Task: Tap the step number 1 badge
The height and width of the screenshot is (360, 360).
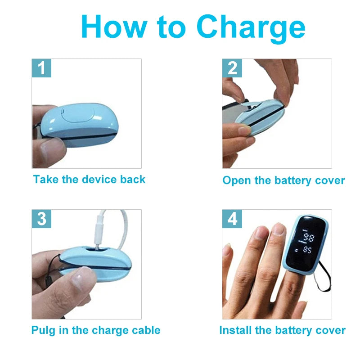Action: click(41, 68)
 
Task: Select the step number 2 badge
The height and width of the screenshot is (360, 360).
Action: click(232, 68)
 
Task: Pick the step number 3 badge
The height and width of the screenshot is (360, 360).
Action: click(41, 219)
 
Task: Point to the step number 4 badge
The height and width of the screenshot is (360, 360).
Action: click(232, 219)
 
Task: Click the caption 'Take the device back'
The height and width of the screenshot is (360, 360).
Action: click(89, 180)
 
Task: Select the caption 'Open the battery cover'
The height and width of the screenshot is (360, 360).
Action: click(283, 180)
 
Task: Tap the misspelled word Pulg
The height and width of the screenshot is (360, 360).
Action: click(43, 330)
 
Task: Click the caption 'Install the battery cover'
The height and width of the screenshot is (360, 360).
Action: click(282, 330)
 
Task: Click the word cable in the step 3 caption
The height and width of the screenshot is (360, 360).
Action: click(145, 330)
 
